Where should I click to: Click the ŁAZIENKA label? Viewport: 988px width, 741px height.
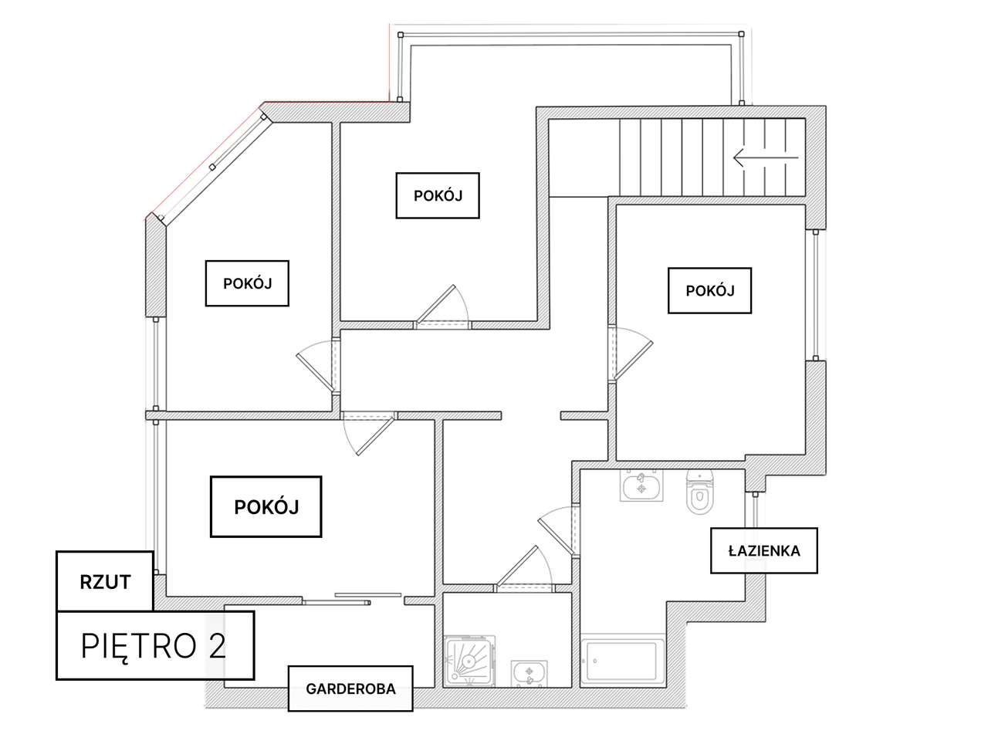763,551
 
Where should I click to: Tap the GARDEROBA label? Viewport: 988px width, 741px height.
350,689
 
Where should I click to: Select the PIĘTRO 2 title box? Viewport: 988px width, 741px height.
154,645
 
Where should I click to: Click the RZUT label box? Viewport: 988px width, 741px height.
105,582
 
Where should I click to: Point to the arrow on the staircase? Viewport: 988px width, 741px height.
765,158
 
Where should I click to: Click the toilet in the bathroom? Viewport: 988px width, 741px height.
700,494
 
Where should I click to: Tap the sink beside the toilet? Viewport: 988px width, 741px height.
641,486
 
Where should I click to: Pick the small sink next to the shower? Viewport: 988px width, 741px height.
530,673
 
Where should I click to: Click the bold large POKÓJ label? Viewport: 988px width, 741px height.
266,506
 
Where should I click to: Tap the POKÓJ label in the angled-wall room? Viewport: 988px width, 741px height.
247,283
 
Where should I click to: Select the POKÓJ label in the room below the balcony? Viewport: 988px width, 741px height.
438,195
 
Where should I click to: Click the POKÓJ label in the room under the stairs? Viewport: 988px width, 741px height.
709,290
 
